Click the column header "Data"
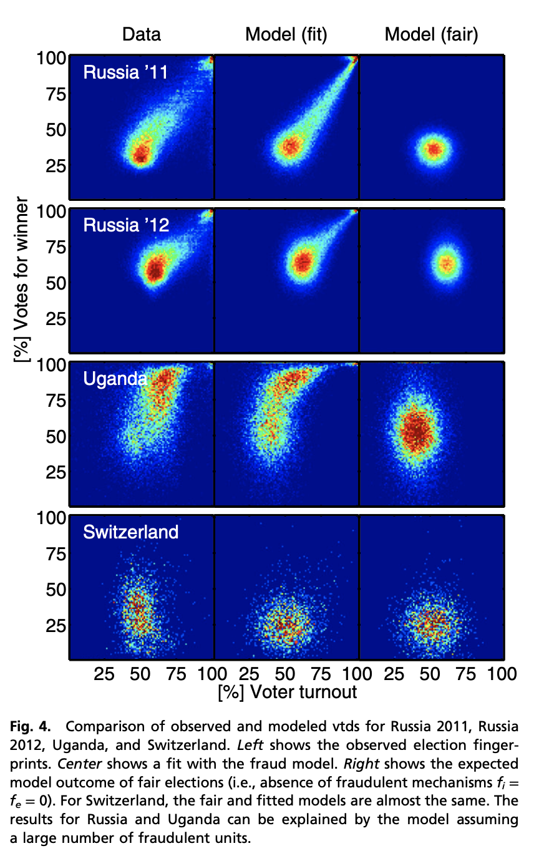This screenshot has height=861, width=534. (x=142, y=34)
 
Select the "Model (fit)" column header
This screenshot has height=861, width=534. (x=286, y=34)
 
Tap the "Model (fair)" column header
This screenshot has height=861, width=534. (x=432, y=34)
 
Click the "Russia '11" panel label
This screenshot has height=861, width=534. (x=125, y=72)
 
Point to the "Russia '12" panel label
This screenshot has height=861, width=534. (x=126, y=225)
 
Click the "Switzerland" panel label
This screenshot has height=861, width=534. (x=131, y=532)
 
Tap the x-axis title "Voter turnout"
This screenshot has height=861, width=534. (x=287, y=691)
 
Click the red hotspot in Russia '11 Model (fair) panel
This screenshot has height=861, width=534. (x=434, y=149)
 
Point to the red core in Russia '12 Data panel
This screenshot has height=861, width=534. (x=153, y=270)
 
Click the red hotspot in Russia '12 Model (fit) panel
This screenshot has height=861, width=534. (x=303, y=262)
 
